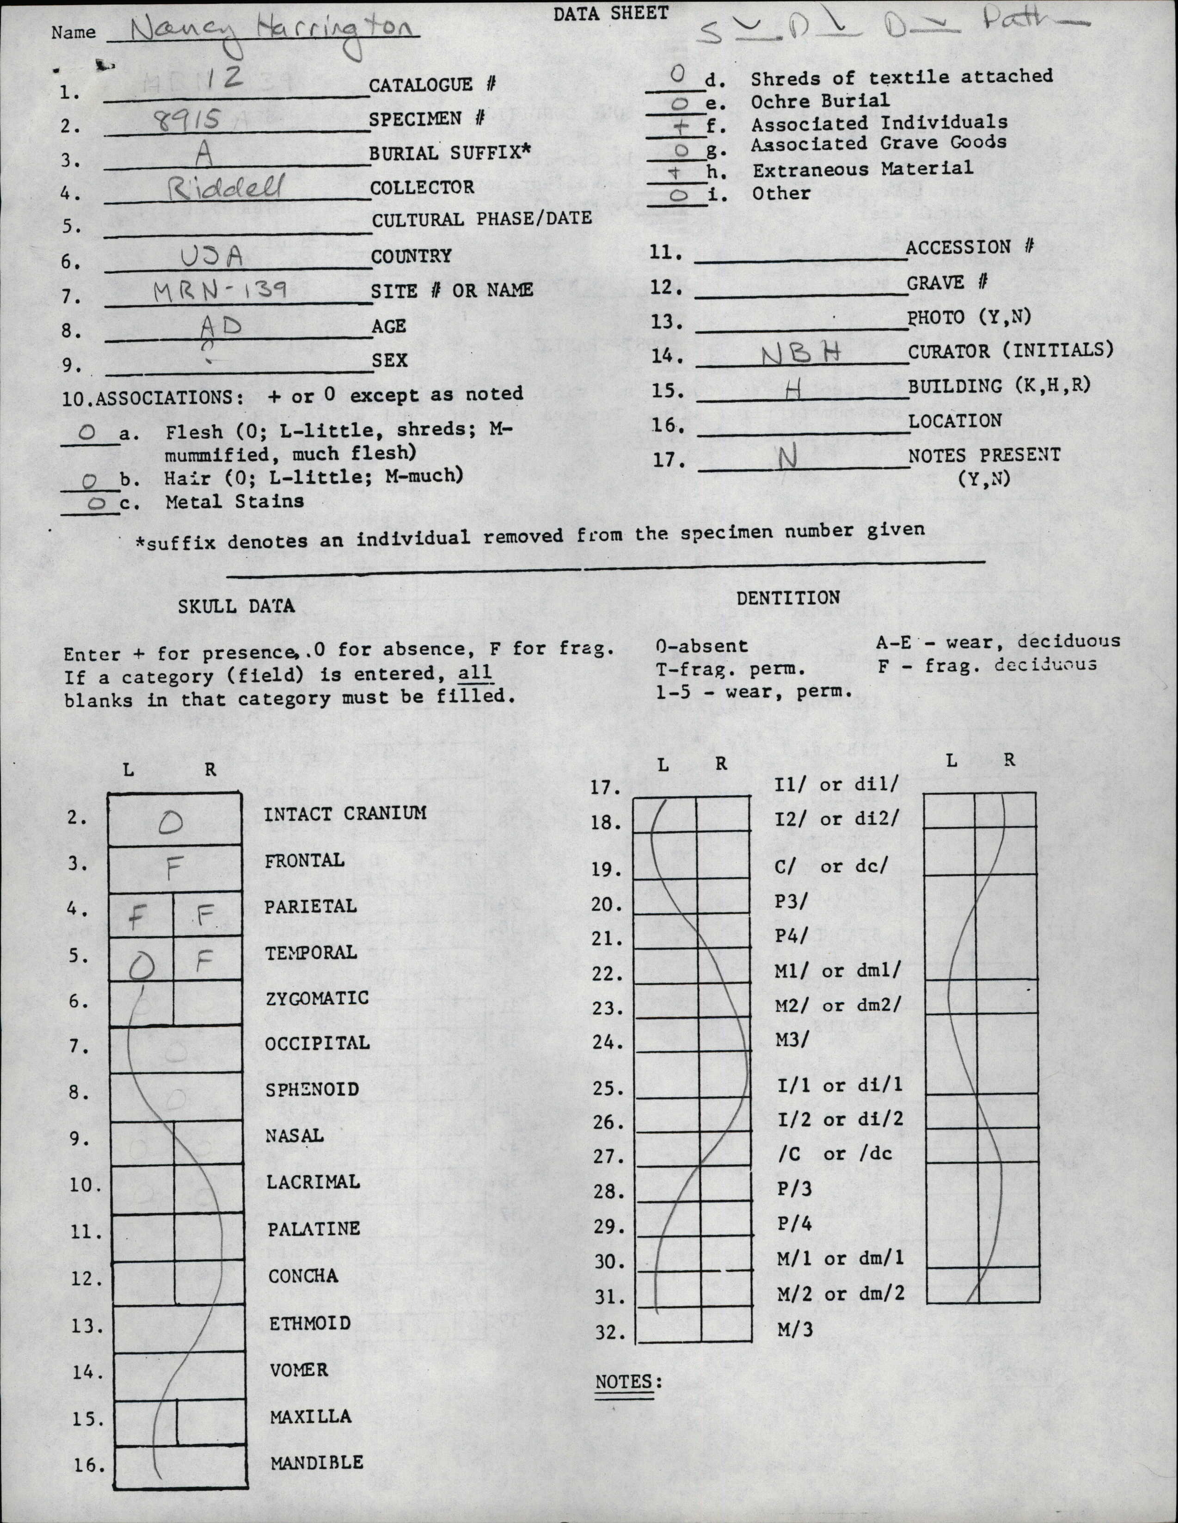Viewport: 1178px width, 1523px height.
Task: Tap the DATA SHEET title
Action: click(x=611, y=12)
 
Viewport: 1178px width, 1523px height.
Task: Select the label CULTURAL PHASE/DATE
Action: click(x=481, y=219)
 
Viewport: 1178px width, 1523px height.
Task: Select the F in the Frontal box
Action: click(x=174, y=869)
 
